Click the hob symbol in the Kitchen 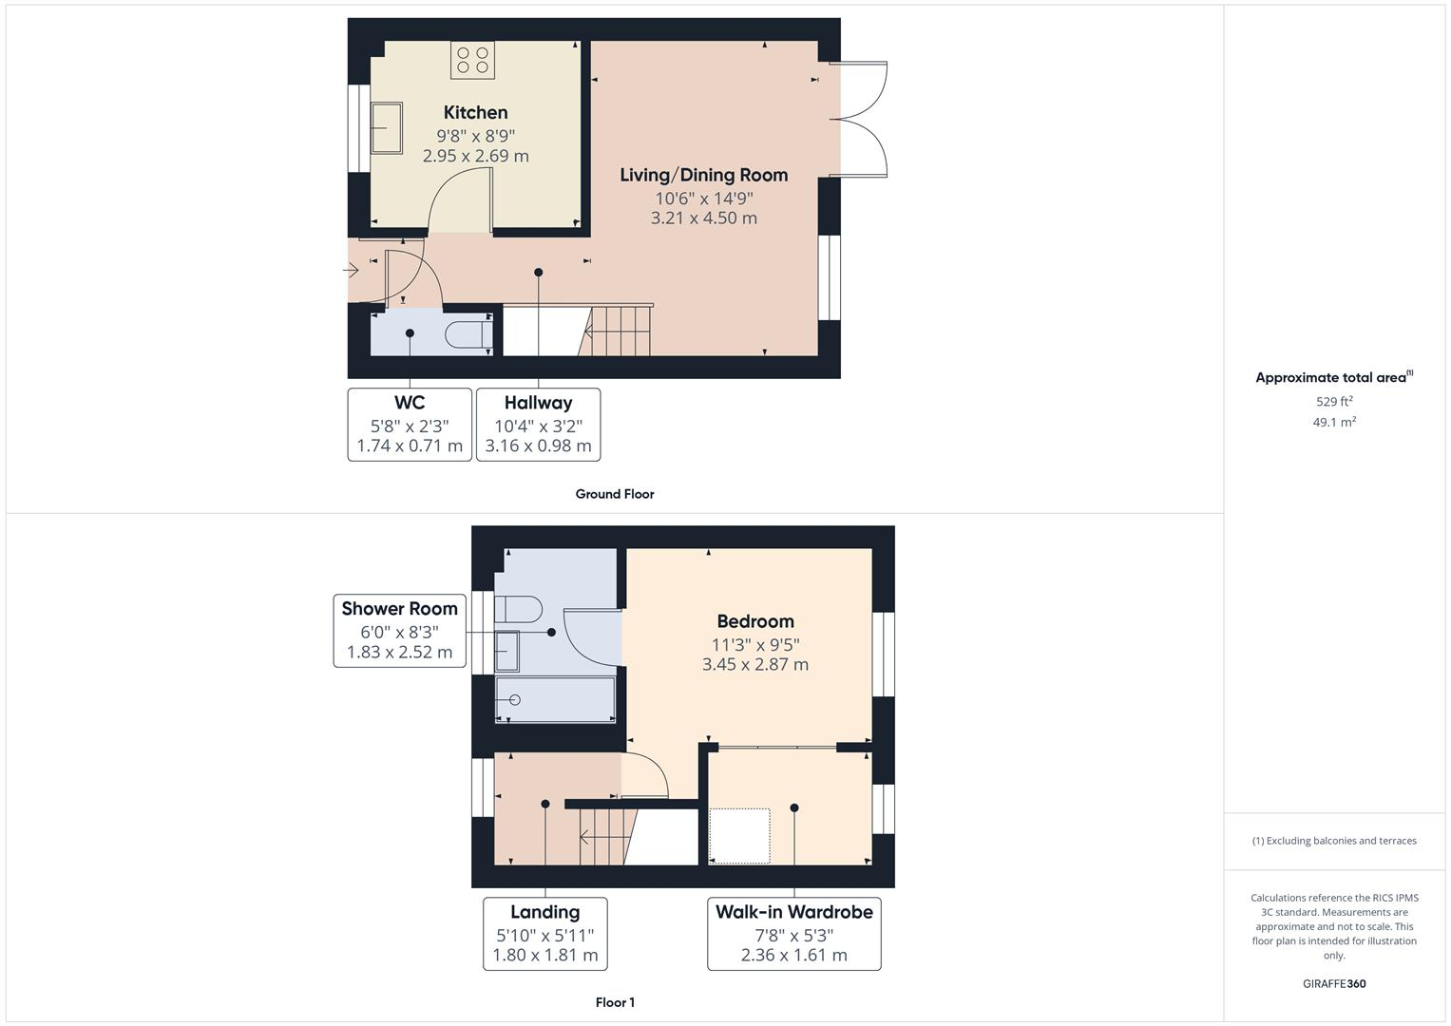pyautogui.click(x=472, y=60)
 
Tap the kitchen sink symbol pyautogui.click(x=385, y=127)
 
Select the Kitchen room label pyautogui.click(x=475, y=113)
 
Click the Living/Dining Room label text pyautogui.click(x=703, y=175)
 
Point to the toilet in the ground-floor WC pyautogui.click(x=468, y=336)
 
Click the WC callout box pyautogui.click(x=410, y=424)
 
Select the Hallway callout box pyautogui.click(x=538, y=424)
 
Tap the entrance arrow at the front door pyautogui.click(x=351, y=271)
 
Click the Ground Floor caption pyautogui.click(x=615, y=494)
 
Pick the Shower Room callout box pyautogui.click(x=399, y=630)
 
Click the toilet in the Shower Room pyautogui.click(x=520, y=608)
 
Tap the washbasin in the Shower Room pyautogui.click(x=507, y=651)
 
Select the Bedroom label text pyautogui.click(x=755, y=621)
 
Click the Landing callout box pyautogui.click(x=544, y=933)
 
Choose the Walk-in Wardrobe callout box pyautogui.click(x=793, y=933)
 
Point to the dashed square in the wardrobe pyautogui.click(x=740, y=835)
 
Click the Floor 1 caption pyautogui.click(x=615, y=1002)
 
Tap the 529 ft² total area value pyautogui.click(x=1333, y=402)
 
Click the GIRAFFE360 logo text pyautogui.click(x=1333, y=983)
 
